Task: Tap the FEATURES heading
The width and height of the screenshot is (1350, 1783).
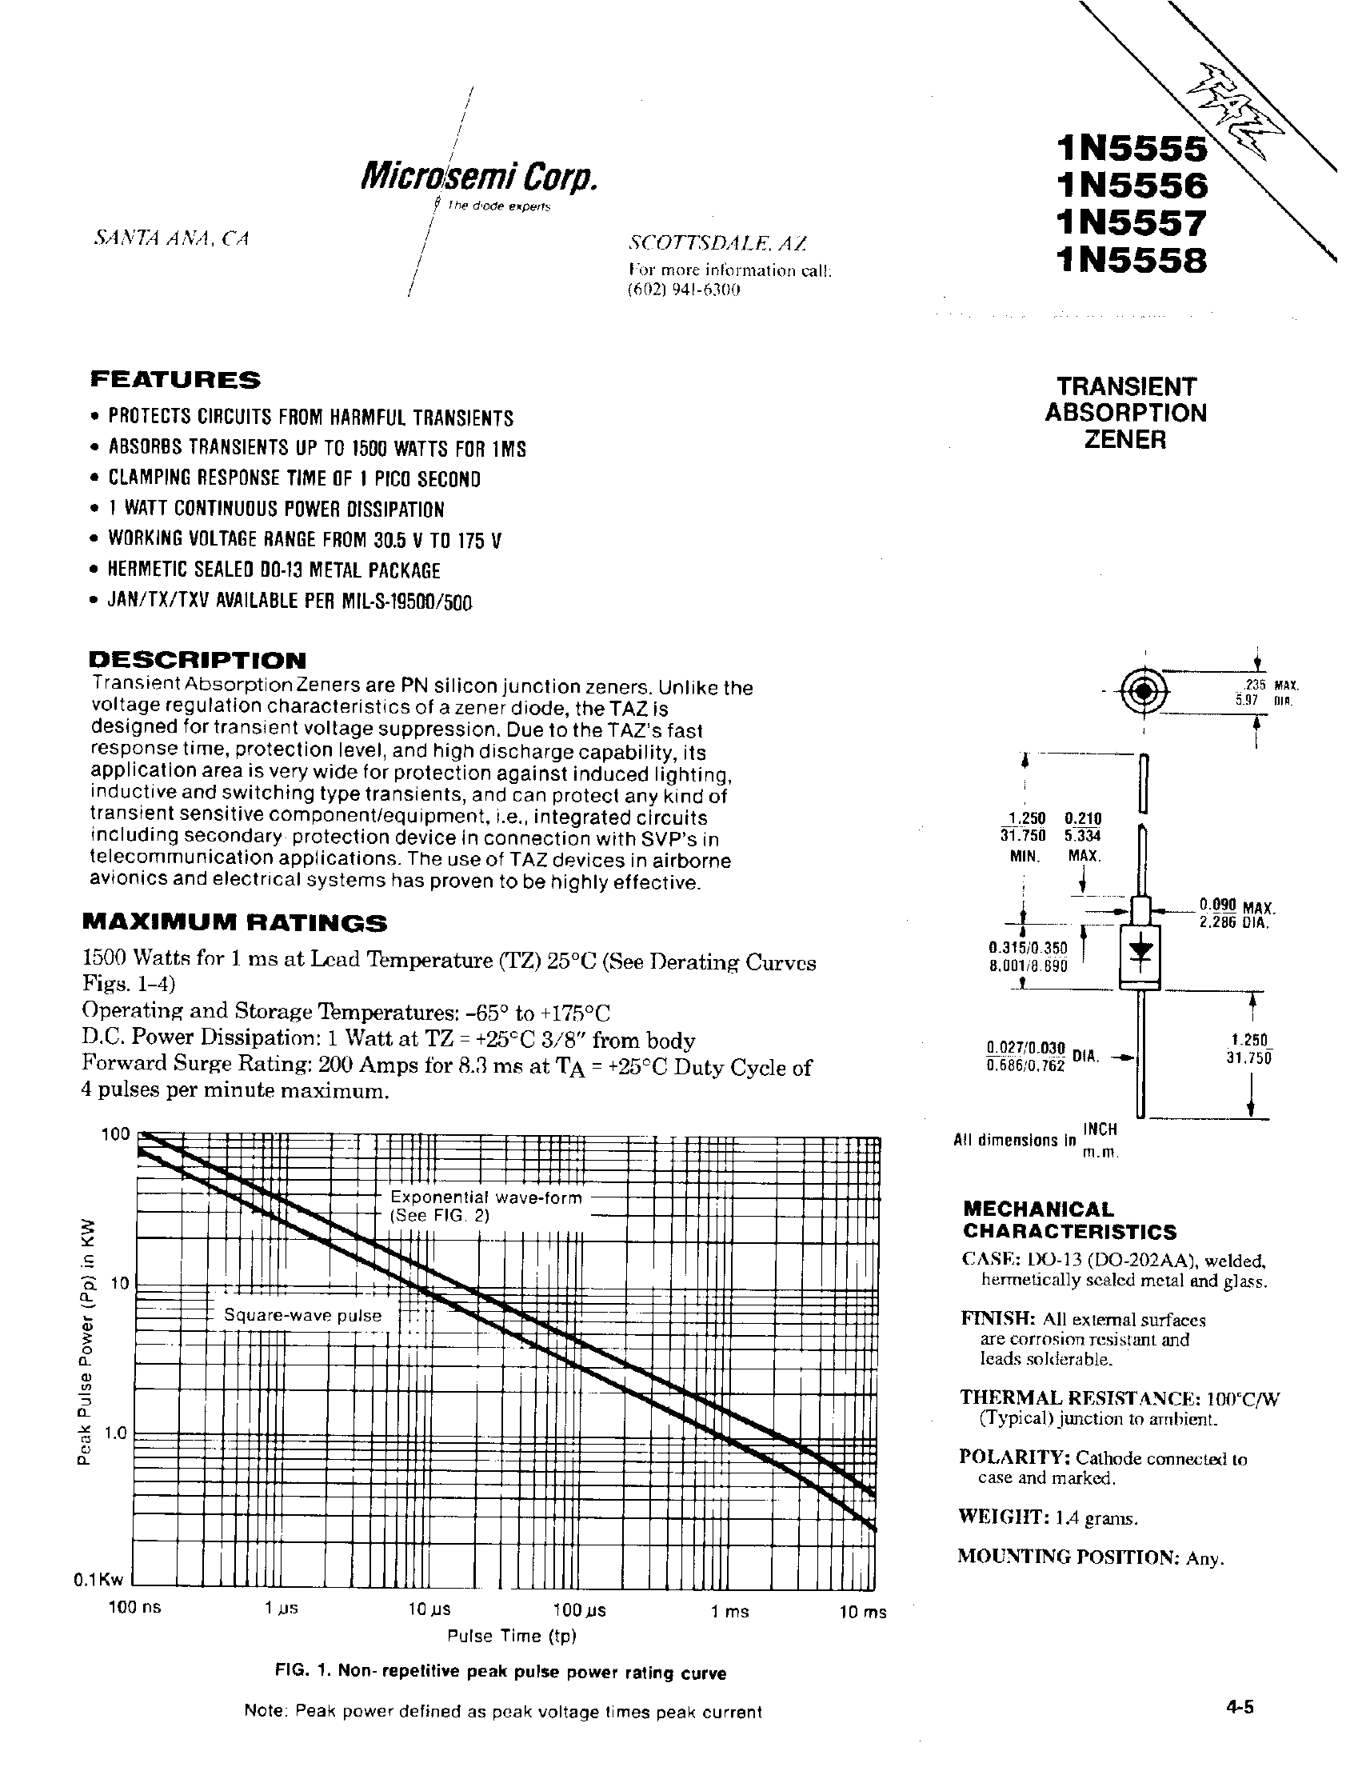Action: tap(175, 379)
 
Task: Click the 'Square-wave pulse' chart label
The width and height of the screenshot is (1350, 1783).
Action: tap(302, 1316)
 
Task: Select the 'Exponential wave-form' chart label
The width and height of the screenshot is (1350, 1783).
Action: tap(486, 1197)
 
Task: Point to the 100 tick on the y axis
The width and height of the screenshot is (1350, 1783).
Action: tap(115, 1134)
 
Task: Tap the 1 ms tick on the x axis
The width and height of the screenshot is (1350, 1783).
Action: tap(729, 1611)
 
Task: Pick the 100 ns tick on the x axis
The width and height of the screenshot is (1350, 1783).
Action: tap(135, 1607)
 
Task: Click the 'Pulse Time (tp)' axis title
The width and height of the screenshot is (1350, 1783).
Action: tap(513, 1636)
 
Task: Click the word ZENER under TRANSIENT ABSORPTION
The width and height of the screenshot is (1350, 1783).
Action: tap(1126, 440)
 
